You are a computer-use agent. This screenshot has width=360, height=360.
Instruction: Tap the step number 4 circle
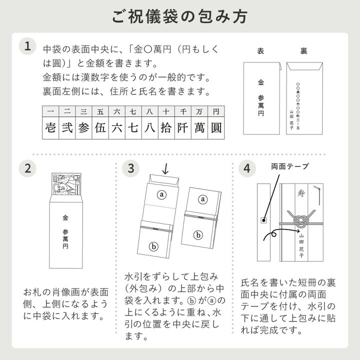coord(246,168)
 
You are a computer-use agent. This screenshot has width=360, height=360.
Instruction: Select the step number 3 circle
coord(130,168)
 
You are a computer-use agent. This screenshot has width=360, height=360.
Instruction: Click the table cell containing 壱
coord(49,127)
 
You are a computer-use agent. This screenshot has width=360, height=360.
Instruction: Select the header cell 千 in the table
coord(183,111)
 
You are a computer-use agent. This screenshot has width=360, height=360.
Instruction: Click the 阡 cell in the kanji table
coord(183,127)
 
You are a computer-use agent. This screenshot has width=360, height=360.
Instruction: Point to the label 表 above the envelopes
coord(260,51)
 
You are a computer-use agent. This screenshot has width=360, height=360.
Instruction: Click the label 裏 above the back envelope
coord(303,51)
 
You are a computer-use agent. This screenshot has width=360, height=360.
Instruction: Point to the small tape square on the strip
coord(262,220)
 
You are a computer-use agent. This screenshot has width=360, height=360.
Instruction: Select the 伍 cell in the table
coord(99,127)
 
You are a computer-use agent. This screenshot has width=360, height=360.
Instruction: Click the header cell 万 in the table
coord(199,111)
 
